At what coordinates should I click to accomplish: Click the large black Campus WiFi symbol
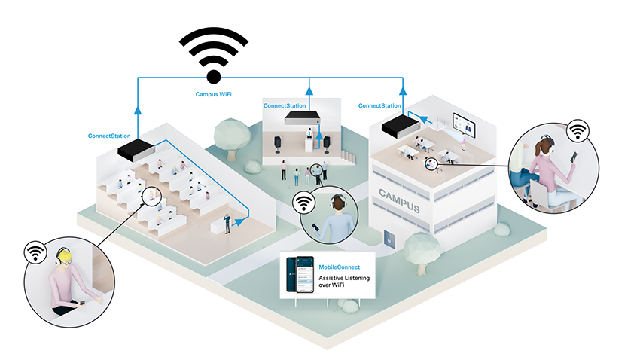(x=214, y=54)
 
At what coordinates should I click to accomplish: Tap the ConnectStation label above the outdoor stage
(x=285, y=106)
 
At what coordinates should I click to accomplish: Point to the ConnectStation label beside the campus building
(x=379, y=106)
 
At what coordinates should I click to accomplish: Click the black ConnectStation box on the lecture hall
(x=136, y=149)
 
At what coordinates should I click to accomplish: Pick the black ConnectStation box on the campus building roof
(x=400, y=127)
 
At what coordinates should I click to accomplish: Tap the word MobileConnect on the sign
(x=339, y=267)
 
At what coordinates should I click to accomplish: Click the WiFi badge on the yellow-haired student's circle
(x=35, y=251)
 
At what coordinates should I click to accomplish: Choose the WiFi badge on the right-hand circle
(x=578, y=131)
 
